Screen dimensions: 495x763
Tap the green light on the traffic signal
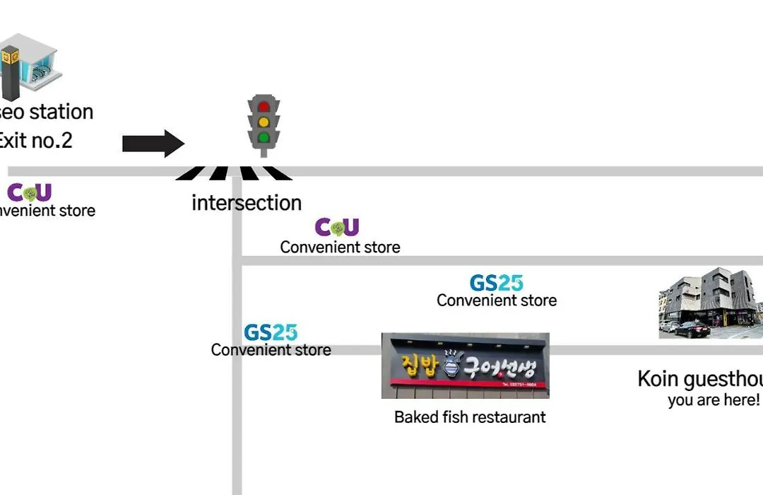click(264, 137)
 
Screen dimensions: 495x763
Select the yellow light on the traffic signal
click(264, 122)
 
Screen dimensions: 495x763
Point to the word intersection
click(247, 203)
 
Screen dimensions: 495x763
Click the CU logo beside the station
click(29, 192)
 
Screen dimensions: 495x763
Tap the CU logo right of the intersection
click(337, 227)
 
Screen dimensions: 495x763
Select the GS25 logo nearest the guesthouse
click(497, 283)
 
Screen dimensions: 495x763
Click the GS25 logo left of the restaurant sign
click(271, 332)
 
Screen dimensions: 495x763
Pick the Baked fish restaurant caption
click(470, 417)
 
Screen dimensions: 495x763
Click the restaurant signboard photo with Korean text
click(465, 366)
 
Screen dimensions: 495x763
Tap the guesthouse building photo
click(711, 303)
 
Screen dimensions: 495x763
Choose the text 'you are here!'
click(714, 400)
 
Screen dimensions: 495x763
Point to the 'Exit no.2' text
click(35, 140)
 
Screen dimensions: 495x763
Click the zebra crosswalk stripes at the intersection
click(234, 173)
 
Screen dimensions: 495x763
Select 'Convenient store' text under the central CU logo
click(340, 248)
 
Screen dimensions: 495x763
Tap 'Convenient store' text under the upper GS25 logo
click(497, 300)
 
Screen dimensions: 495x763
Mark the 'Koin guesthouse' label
click(699, 379)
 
